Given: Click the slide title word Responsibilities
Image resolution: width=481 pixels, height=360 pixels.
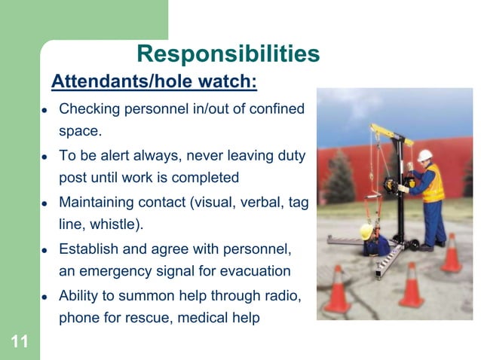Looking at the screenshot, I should click(x=228, y=54).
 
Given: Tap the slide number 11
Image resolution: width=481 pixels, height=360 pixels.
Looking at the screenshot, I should click(x=20, y=343).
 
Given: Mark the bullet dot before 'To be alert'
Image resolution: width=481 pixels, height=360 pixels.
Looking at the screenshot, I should click(x=44, y=157).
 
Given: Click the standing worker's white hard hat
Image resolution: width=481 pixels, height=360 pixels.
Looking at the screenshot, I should click(x=426, y=155).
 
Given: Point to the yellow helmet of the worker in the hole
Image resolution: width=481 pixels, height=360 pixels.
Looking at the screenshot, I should click(x=366, y=232).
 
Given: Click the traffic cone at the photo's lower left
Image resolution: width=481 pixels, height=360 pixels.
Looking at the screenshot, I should click(x=339, y=291).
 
